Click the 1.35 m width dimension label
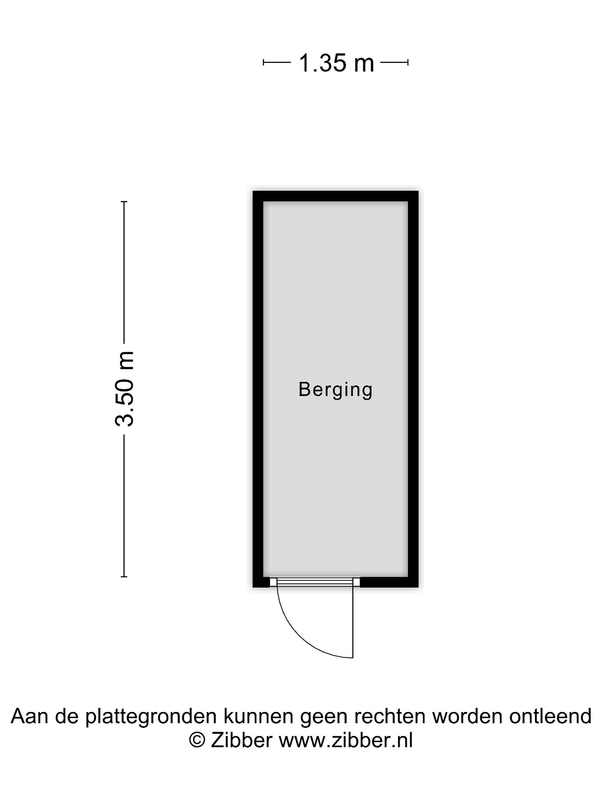coord(336,63)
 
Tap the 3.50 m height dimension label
coord(124,389)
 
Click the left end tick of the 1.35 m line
coord(263,63)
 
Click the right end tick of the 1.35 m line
coord(408,63)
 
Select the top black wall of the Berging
coord(336,196)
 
